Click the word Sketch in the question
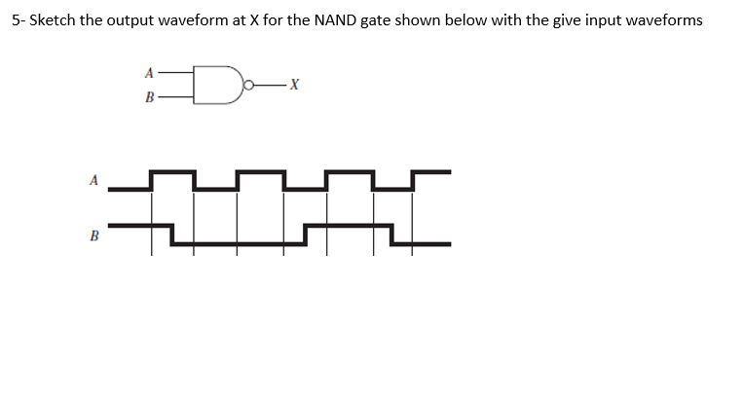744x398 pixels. [51, 20]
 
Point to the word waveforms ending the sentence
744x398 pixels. [661, 20]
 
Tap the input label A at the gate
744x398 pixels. [149, 72]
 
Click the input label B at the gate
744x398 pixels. [149, 96]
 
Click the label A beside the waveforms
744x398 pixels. [94, 179]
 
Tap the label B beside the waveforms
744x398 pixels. [94, 235]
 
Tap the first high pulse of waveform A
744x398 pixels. [171, 173]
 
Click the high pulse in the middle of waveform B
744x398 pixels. [348, 227]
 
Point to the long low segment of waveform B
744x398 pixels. [239, 240]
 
